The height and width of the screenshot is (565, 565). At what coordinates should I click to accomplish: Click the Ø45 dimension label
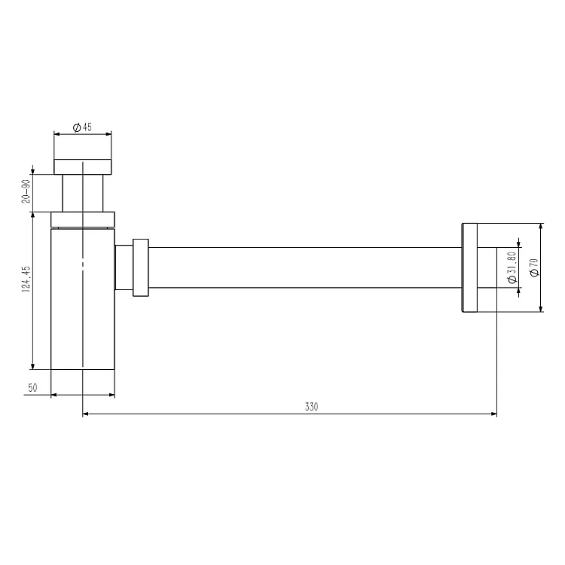pos(82,127)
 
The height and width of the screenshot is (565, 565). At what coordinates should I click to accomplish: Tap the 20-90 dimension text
pos(26,191)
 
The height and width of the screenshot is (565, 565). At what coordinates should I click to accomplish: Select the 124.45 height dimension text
pos(26,279)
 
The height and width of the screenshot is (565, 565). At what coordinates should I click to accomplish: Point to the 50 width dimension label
pos(32,388)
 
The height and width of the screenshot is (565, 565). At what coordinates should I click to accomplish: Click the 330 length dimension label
pos(311,407)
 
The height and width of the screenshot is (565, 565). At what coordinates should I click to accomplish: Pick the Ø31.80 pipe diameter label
pos(512,267)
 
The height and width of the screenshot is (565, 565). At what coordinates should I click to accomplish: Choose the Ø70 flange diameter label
pos(534,267)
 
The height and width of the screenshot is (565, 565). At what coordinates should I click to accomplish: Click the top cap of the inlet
pos(83,166)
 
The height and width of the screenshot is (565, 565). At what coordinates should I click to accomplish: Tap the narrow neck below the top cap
pos(83,193)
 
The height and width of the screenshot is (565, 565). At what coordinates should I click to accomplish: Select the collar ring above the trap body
pos(83,219)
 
